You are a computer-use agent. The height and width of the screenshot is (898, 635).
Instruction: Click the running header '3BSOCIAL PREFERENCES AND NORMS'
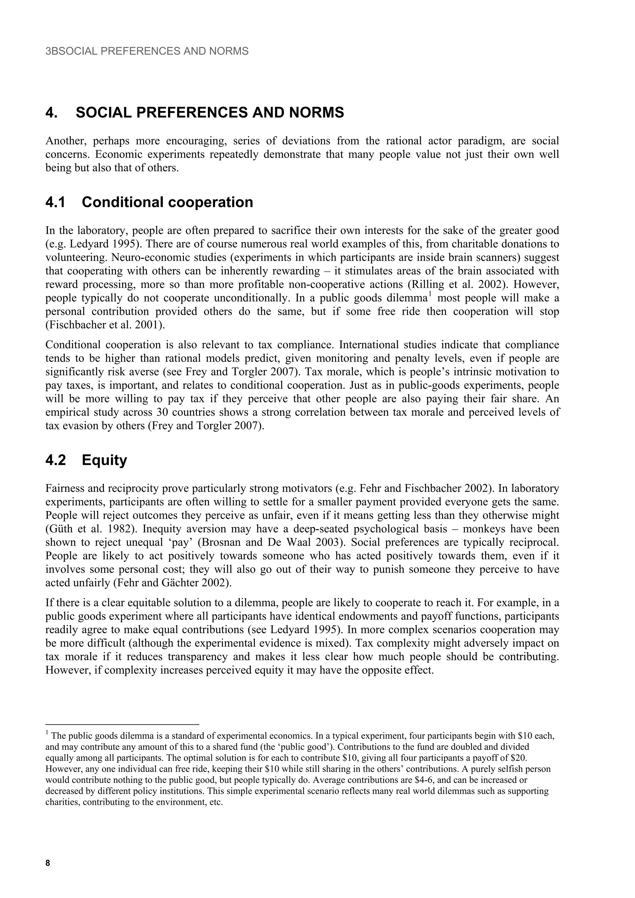[x=147, y=51]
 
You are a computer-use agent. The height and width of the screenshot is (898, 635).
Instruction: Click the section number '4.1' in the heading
[x=56, y=202]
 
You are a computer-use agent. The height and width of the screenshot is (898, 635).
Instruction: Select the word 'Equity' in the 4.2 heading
[x=104, y=460]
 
